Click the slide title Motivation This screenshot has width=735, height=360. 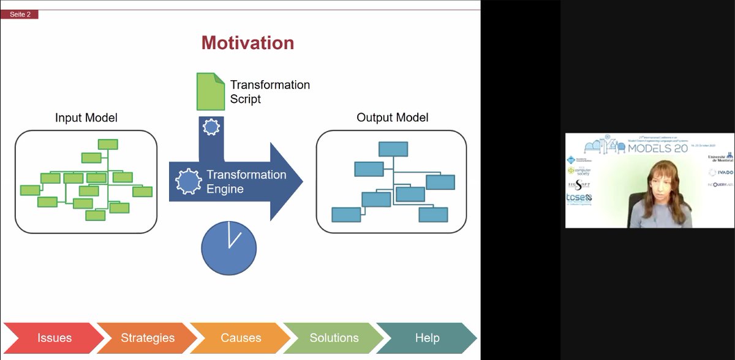click(247, 43)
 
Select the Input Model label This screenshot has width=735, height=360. click(86, 118)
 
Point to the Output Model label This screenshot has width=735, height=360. click(393, 118)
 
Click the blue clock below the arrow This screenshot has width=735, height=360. click(229, 247)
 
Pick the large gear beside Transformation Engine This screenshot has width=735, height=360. click(189, 182)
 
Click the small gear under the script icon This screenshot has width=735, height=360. click(211, 127)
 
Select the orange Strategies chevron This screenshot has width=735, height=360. click(148, 338)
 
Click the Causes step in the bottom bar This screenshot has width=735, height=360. click(241, 338)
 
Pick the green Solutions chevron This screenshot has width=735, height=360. click(334, 338)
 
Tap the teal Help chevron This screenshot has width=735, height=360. click(427, 338)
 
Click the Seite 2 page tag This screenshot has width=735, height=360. click(20, 14)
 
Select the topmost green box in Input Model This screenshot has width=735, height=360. click(108, 144)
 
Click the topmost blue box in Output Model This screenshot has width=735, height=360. click(393, 149)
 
